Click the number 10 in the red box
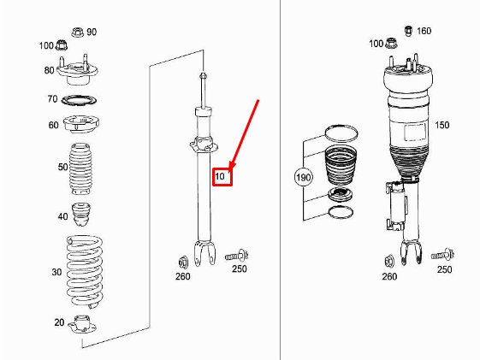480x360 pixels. (221, 177)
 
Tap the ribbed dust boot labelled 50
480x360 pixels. (83, 168)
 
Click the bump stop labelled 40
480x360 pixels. (84, 214)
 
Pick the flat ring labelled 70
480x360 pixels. (81, 101)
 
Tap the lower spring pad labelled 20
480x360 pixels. (84, 324)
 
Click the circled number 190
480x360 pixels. (304, 178)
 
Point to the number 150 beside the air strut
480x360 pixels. (441, 125)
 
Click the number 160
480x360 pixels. (424, 32)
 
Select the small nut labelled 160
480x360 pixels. (409, 31)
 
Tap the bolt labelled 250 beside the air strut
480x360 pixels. (441, 255)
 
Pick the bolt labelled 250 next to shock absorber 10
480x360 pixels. (235, 255)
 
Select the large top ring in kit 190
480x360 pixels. (340, 133)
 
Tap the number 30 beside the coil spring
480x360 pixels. (56, 272)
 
